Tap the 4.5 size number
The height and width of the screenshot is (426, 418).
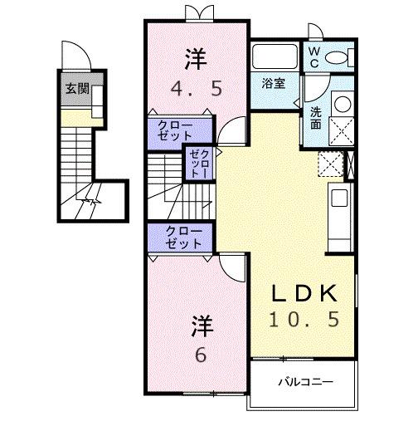tap(196, 88)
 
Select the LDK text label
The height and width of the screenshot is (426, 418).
tap(306, 293)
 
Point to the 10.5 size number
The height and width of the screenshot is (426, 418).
tap(306, 320)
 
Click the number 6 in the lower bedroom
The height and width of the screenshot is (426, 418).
tap(201, 354)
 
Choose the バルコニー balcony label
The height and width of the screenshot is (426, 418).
tap(304, 383)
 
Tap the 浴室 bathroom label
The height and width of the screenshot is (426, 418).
tap(274, 83)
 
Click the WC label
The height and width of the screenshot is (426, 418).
tap(314, 56)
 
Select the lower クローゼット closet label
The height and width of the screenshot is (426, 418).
tap(182, 238)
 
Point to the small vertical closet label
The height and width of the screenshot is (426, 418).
tap(199, 163)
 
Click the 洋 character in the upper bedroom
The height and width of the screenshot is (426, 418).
tap(196, 59)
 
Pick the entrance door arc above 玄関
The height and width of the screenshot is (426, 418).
tap(77, 58)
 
